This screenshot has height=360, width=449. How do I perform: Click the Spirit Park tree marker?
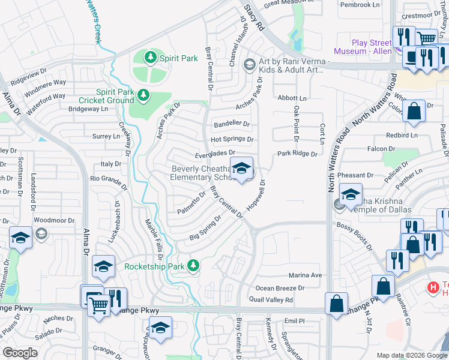(x=151, y=58)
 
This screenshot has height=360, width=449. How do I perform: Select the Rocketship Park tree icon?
(x=193, y=265)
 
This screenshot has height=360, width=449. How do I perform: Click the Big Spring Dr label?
(x=206, y=227)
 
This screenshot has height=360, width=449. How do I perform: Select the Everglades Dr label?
(x=214, y=154)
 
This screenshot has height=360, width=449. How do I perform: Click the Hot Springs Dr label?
(x=232, y=139)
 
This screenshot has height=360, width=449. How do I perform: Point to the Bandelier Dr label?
(x=232, y=124)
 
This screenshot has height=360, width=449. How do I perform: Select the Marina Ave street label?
(x=306, y=275)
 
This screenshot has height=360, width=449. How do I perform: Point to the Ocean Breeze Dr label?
(x=280, y=288)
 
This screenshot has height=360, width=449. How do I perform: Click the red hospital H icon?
(x=432, y=288)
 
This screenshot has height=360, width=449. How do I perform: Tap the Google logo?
(x=20, y=353)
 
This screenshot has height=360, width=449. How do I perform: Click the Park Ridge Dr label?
(x=297, y=154)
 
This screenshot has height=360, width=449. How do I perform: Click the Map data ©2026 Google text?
(x=411, y=355)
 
